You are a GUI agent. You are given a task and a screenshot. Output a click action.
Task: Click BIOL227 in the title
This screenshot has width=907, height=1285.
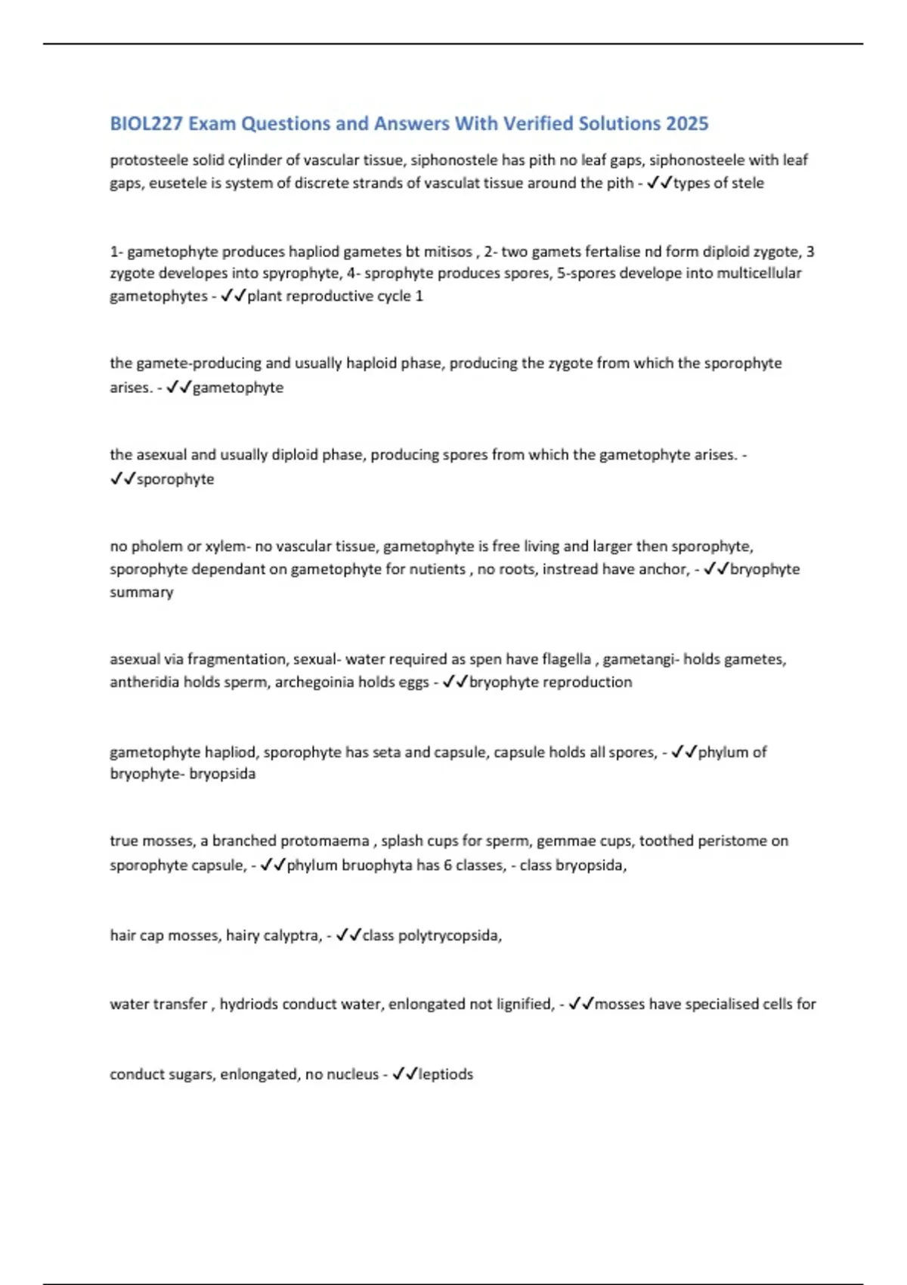[x=146, y=124]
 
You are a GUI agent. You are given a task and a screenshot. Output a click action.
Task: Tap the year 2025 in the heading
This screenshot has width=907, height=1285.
[x=687, y=124]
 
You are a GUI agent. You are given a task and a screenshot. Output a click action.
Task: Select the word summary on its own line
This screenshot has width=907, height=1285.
[x=141, y=592]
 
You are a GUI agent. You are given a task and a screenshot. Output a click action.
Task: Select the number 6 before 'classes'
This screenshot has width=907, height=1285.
[x=447, y=865]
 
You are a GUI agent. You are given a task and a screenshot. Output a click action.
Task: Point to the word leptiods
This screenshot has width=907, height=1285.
[x=446, y=1074]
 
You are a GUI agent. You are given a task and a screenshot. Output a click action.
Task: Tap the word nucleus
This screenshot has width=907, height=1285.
[x=353, y=1074]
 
